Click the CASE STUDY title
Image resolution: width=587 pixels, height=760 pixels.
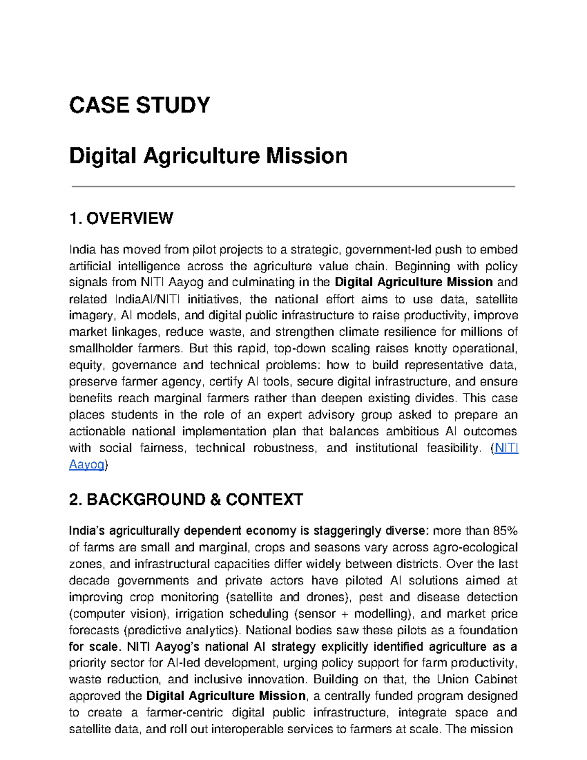coord(139,105)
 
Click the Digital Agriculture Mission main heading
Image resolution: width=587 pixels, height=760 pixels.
coord(208,156)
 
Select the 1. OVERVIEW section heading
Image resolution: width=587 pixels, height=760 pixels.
coord(121,218)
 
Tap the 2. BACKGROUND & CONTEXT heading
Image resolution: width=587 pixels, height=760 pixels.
coord(186,500)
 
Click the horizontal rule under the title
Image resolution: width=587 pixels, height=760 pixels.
coord(293,186)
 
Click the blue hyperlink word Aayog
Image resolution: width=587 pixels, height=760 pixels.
coord(87,464)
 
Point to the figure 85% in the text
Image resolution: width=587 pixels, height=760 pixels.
coord(505,531)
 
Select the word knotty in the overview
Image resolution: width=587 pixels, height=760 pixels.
coord(430,348)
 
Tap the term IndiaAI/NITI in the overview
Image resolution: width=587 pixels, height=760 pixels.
coord(147,299)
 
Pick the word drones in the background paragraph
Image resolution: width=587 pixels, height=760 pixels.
coord(328,597)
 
